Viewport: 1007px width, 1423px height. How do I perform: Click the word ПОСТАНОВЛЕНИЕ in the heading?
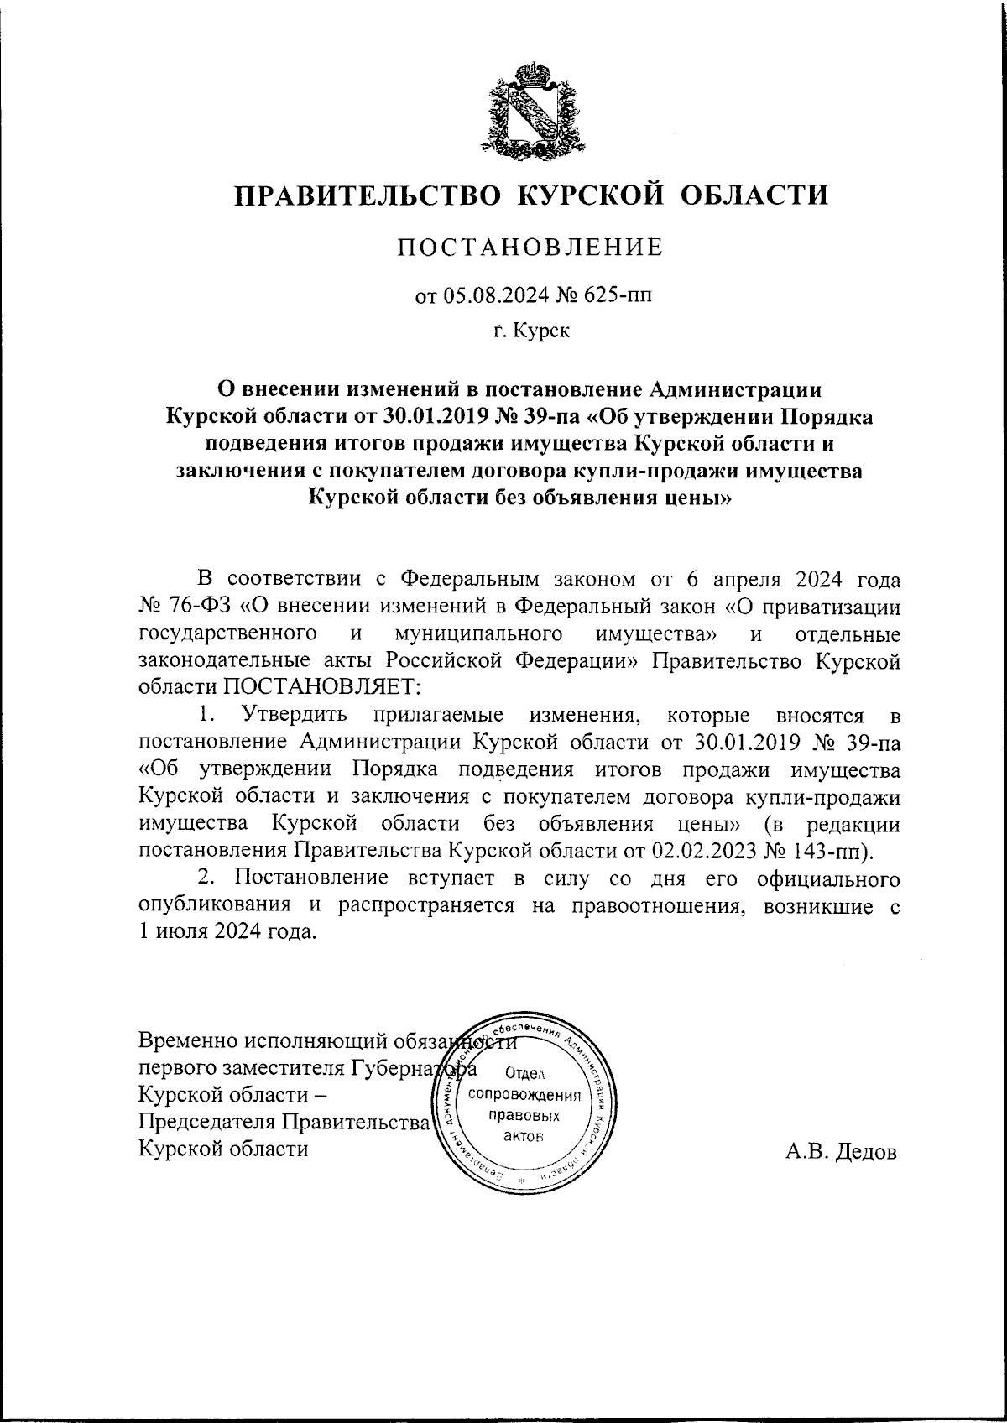point(530,248)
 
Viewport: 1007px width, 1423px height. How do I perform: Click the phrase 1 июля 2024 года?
point(227,931)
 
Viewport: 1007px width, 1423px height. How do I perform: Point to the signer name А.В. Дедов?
point(841,1152)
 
